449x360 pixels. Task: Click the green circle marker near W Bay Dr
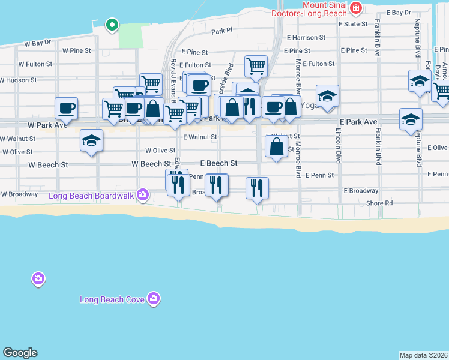pos(111,25)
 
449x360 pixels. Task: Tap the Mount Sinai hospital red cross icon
pos(357,8)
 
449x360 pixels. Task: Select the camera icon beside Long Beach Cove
pos(154,298)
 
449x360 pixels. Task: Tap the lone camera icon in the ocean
pos(38,279)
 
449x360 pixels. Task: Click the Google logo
pos(20,353)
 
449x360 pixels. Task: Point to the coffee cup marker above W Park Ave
pos(66,108)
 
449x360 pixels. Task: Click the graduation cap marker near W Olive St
pos(91,141)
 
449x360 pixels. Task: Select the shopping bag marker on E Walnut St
pos(276,146)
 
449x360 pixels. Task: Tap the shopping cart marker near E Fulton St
pos(256,65)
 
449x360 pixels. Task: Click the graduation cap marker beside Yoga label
pos(327,96)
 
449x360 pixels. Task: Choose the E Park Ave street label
pos(357,122)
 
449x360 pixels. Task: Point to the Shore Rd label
pos(379,203)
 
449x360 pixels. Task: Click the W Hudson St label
pos(18,80)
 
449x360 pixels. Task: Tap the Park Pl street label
pos(221,30)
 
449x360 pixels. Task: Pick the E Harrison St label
pos(306,37)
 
